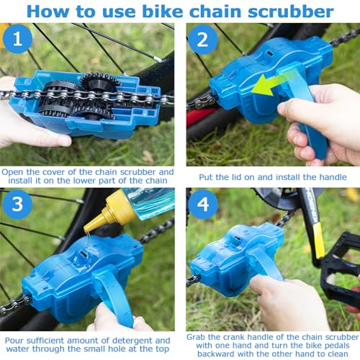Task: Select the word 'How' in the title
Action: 48,12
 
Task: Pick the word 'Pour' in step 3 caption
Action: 15,340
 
